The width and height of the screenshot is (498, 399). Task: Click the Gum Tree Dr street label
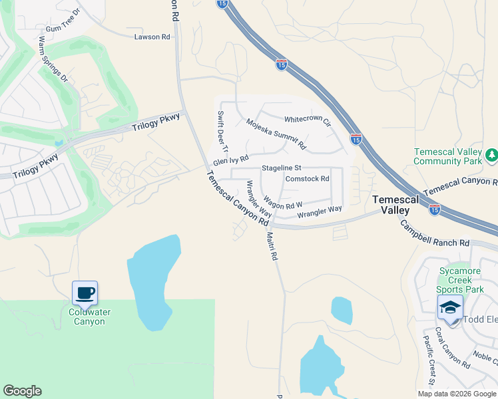(63, 21)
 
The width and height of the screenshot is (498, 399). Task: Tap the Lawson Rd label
(148, 37)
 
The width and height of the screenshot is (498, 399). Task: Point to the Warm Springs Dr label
(54, 59)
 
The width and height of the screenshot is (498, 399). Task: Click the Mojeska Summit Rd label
(276, 134)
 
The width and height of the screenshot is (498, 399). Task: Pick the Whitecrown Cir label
(308, 120)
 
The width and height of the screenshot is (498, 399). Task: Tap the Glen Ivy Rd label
(230, 161)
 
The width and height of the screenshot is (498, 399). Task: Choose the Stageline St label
(282, 168)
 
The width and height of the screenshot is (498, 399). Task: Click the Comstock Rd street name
(307, 179)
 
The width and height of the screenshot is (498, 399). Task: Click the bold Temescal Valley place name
(395, 204)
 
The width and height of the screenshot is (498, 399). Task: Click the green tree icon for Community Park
(491, 155)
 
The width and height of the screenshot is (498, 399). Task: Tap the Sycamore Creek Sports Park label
(461, 280)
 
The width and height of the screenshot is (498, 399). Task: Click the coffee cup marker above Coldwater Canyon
(85, 293)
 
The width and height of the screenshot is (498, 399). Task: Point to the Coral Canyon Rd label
(452, 346)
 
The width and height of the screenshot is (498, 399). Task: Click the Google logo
(22, 391)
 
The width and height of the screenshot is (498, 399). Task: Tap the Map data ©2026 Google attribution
(457, 394)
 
